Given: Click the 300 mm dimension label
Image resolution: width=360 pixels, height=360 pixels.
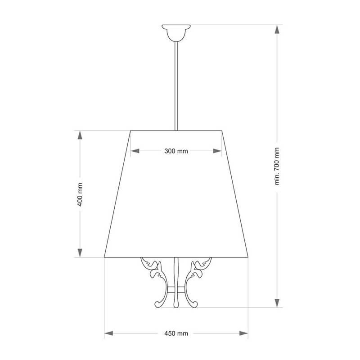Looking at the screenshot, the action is tap(176, 151).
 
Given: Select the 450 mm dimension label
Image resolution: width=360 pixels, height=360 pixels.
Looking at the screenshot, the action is tap(176, 333).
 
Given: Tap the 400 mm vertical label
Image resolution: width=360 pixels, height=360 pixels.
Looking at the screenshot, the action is tap(80, 194).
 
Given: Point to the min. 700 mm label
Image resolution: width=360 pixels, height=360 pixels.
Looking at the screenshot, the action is tap(277, 166).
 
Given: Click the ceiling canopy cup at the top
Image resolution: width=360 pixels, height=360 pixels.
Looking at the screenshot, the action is tap(176, 33).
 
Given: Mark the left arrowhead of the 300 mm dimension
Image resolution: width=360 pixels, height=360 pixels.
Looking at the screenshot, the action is tap(135, 151).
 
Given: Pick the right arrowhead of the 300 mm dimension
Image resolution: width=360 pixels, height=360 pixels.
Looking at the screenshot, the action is tap(217, 151).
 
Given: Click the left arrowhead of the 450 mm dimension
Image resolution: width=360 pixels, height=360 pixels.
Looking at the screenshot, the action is tap(109, 333).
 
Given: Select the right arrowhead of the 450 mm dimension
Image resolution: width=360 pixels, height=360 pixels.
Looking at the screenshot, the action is tap(243, 333).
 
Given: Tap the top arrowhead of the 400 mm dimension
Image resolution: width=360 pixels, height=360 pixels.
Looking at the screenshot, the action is tap(80, 135).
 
